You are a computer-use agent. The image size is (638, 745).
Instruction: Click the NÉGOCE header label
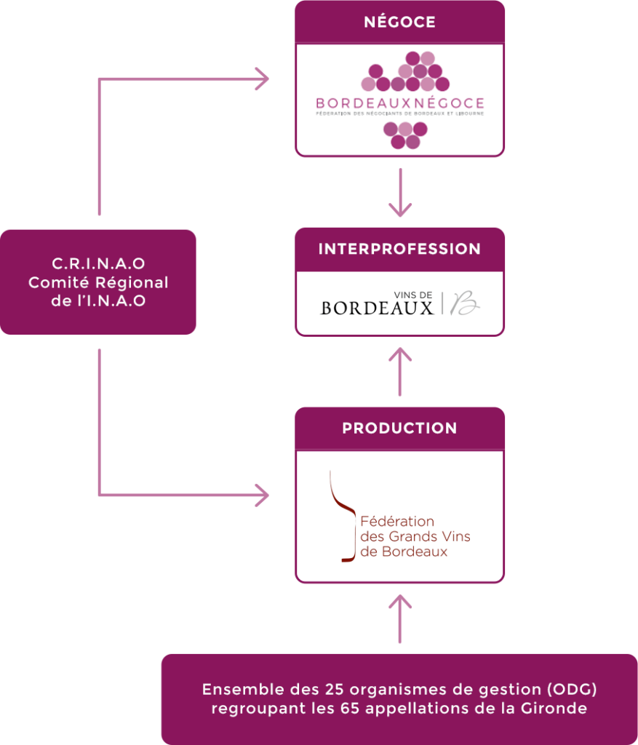click(399, 22)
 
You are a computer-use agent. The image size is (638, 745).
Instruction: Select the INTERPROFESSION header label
click(399, 249)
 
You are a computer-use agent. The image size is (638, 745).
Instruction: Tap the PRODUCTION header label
click(399, 429)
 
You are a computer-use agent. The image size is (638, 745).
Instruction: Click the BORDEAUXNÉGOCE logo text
click(399, 103)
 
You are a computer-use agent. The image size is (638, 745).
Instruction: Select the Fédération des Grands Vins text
click(415, 537)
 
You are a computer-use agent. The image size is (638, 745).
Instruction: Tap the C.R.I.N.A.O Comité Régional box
click(98, 282)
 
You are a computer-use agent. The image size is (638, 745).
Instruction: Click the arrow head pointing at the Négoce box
click(261, 79)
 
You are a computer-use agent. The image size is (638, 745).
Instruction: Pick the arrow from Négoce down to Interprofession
click(400, 193)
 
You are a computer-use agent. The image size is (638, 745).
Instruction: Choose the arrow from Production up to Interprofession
click(400, 371)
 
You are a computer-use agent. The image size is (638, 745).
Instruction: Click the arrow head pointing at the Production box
click(261, 497)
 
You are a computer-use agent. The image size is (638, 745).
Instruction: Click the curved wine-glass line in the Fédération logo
click(340, 517)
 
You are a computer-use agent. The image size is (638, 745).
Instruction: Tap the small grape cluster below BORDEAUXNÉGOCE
click(405, 135)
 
